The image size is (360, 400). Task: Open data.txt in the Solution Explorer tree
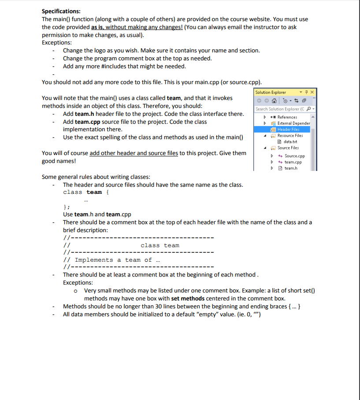tap(290, 142)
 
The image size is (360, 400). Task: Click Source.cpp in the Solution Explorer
tap(294, 156)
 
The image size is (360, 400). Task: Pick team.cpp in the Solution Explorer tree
tap(293, 162)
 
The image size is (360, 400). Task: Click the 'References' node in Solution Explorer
tap(287, 117)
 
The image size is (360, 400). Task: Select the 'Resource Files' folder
tap(290, 136)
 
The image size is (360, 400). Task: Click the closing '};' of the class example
tap(66, 207)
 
